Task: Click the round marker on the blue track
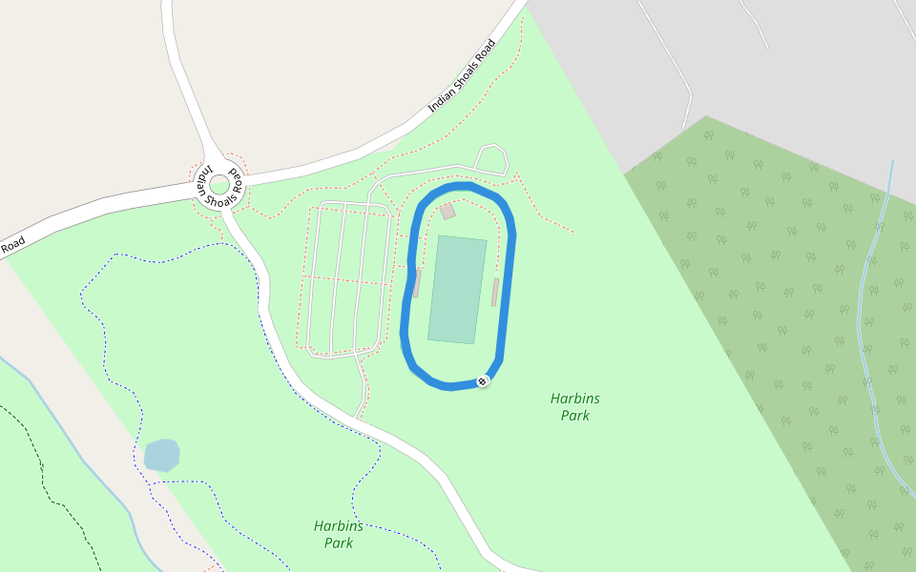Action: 483,381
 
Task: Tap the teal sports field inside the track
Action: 457,289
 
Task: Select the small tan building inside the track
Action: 448,211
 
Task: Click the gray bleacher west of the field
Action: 417,283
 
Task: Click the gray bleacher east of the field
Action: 494,293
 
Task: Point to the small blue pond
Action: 161,455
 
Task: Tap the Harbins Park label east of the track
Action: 575,407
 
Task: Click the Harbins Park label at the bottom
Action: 339,535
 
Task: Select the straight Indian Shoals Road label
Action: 463,75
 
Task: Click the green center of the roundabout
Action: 219,184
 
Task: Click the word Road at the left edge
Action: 11,246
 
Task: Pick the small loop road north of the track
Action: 492,158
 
